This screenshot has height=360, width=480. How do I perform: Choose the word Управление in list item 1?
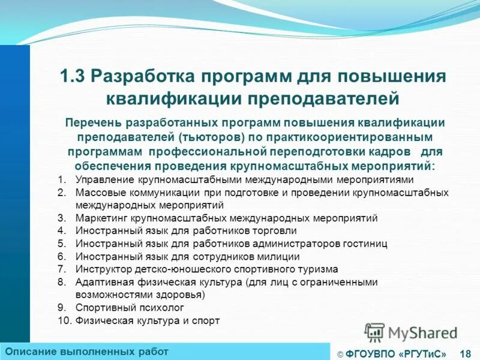(104, 179)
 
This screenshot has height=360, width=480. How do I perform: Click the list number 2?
(62, 193)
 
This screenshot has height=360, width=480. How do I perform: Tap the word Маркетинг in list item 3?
(101, 218)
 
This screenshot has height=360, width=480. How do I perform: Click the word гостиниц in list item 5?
(364, 244)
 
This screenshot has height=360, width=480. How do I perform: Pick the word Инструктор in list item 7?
(103, 269)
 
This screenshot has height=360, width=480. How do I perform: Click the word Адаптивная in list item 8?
(104, 282)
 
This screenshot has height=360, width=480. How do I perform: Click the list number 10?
(64, 321)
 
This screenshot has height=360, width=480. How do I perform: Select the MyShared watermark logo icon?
(375, 332)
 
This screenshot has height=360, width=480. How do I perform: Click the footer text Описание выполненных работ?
(87, 351)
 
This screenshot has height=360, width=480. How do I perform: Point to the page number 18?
(464, 353)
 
